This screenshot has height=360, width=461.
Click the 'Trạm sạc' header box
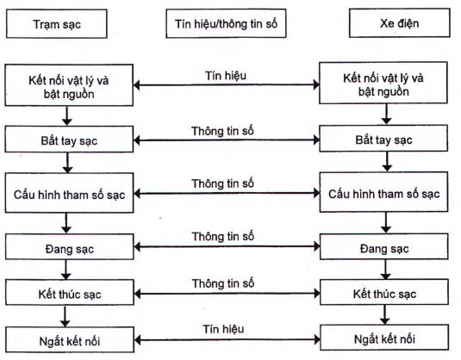pos(57,24)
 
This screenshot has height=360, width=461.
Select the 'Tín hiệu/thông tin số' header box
pos(226,23)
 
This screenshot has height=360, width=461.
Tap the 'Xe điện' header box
pos(400,23)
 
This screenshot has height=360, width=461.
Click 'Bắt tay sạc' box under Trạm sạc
pos(69,140)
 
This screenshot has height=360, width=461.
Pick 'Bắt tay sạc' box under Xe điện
pos(383,139)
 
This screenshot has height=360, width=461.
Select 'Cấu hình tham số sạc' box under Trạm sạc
pos(70,193)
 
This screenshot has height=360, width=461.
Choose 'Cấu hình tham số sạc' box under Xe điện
pos(384,192)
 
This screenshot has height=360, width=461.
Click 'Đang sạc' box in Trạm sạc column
pos(70,247)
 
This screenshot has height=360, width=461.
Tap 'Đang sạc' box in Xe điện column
pos(384,246)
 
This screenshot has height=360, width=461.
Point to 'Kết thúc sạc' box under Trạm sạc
pos(70,293)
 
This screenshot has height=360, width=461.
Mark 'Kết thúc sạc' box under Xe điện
pos(384,292)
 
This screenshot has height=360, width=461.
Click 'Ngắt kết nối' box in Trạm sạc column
pos(70,339)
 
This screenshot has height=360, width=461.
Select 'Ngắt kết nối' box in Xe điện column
pos(385,338)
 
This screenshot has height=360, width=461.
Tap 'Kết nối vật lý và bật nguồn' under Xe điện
pos(383,83)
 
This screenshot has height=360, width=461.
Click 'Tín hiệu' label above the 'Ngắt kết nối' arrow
pos(223,329)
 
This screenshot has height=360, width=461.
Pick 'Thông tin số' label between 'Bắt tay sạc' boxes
pos(222,131)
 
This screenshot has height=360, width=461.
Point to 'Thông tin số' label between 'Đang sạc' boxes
pos(223,236)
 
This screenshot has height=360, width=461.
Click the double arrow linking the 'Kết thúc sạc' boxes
pos(227,294)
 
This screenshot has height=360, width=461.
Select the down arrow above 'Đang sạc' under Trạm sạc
pos(66,223)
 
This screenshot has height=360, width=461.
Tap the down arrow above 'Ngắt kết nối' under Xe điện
pos(385,314)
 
